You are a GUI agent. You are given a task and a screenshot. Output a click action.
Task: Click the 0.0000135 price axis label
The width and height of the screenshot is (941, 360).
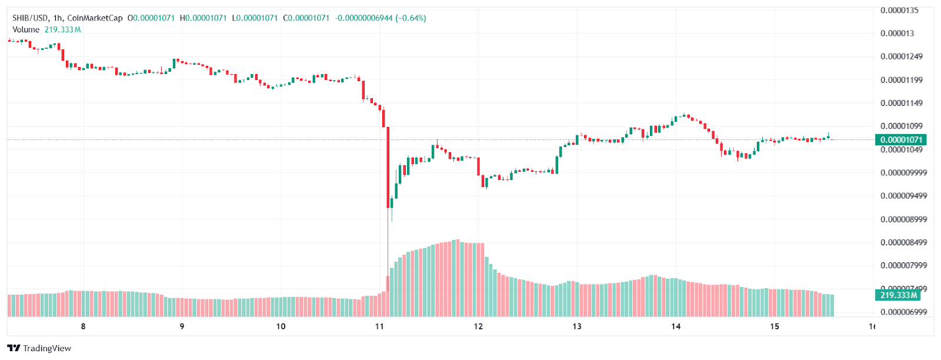[x=899, y=10]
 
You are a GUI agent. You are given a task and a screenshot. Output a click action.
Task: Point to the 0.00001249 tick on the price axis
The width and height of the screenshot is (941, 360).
[x=901, y=56]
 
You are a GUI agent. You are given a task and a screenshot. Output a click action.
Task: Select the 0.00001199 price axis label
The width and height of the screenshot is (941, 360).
[x=901, y=80]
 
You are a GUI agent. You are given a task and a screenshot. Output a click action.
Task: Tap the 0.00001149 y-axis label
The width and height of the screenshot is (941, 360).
[x=901, y=103]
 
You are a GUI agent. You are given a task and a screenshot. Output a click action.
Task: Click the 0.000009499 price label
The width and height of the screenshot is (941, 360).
[x=903, y=196]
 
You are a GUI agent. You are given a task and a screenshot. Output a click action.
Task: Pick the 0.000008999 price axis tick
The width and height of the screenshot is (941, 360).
[x=903, y=219]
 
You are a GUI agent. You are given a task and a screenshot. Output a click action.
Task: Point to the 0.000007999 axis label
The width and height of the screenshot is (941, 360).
[x=903, y=265]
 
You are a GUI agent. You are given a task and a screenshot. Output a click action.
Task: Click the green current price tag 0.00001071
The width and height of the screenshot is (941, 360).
[x=901, y=139]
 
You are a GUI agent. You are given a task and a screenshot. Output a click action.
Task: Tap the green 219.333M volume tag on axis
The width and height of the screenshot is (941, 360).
[x=899, y=295]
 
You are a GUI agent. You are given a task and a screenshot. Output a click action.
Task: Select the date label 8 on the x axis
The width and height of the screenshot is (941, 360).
[x=83, y=326]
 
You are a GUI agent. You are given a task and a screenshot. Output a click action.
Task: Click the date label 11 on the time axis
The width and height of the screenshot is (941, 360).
[x=379, y=326]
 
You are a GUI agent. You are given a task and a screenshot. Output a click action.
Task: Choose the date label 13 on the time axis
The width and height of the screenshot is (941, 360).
[x=577, y=326]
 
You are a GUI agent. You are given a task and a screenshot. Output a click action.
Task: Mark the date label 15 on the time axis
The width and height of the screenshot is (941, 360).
[x=775, y=326]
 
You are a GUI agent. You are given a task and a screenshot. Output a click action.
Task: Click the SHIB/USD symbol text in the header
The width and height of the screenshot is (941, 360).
[x=31, y=18]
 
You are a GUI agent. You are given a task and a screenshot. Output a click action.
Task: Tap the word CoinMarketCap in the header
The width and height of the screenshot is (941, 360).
[x=95, y=18]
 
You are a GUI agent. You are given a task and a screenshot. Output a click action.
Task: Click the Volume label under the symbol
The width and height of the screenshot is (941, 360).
[x=26, y=29]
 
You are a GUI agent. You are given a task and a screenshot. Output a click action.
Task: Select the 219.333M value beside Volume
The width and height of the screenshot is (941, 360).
[x=62, y=29]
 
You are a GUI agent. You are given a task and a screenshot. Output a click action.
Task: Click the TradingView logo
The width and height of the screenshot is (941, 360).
[x=39, y=348]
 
